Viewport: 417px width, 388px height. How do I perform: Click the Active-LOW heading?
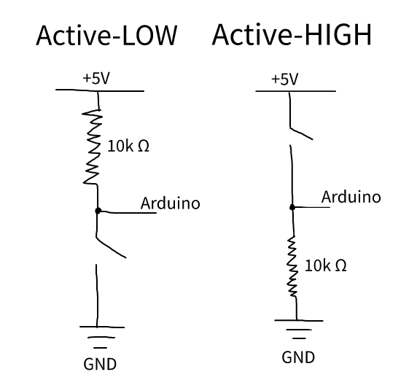[x=106, y=36]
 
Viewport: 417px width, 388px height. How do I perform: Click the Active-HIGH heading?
[x=292, y=35]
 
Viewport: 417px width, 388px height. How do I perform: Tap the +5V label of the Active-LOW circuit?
[x=96, y=78]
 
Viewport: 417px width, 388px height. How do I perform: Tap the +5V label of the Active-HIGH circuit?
[x=284, y=79]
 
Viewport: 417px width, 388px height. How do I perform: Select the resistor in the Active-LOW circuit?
[x=92, y=147]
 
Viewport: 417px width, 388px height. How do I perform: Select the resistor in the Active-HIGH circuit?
[x=292, y=266]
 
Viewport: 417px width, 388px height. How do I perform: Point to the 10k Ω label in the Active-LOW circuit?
[x=128, y=146]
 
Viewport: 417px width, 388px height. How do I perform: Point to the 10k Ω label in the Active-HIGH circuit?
[x=326, y=265]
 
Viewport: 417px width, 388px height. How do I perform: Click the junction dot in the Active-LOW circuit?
[x=98, y=211]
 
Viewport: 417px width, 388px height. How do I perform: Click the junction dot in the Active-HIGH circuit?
[x=292, y=207]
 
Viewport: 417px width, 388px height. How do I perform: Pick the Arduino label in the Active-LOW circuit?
[x=170, y=203]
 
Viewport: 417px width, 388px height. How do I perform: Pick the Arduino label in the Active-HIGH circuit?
[x=351, y=197]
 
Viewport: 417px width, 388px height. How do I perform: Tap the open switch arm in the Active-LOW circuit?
[x=110, y=247]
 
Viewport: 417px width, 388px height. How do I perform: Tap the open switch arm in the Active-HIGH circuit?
[x=301, y=133]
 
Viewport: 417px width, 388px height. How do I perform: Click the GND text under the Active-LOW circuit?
[x=100, y=365]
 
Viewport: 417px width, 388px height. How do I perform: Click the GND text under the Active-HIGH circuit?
[x=298, y=357]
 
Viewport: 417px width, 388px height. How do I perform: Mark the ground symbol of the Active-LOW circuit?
[x=102, y=337]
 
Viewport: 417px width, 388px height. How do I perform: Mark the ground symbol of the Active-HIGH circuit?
[x=299, y=329]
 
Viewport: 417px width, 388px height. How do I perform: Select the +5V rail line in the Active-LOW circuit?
[x=100, y=90]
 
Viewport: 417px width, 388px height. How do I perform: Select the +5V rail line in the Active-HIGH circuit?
[x=296, y=91]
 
